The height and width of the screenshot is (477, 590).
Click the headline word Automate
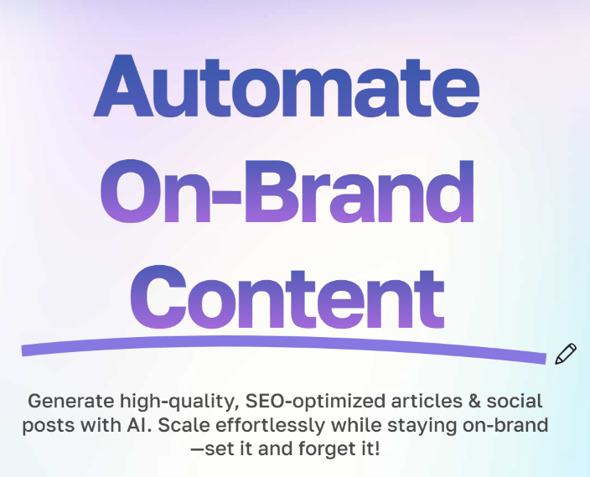pos(287,86)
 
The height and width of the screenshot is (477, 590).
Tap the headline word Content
pos(287,297)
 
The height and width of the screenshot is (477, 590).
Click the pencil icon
pos(566,354)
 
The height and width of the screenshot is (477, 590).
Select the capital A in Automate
pos(123,86)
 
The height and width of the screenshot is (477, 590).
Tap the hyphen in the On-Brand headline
pos(226,197)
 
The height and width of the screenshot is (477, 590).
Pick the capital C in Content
pos(158,298)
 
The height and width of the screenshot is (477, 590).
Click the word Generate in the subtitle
pos(70,401)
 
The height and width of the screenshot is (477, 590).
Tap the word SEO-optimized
pos(315,402)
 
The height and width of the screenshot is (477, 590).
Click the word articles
pos(427,401)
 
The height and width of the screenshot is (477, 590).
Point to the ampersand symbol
pos(474,402)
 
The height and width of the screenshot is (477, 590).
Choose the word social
pos(515,401)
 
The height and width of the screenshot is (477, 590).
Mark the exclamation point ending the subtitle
pos(377,448)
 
